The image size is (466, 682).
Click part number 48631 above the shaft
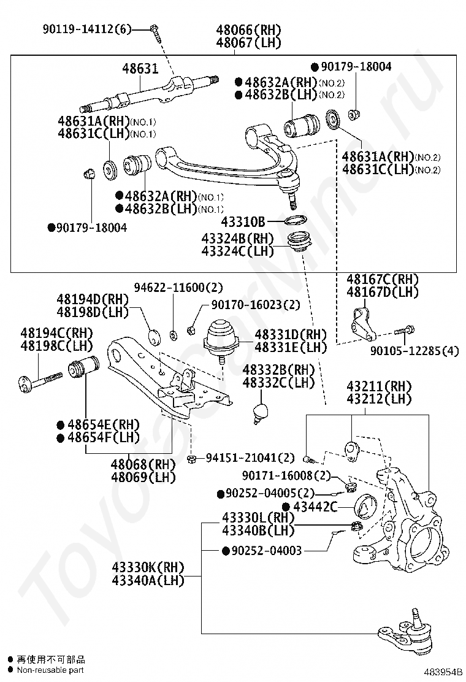click(x=139, y=68)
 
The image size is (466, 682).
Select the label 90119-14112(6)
click(x=87, y=28)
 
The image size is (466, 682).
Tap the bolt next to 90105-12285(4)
click(x=403, y=331)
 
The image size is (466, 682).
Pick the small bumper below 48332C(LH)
click(x=262, y=412)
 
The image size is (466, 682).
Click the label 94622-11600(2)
click(x=179, y=287)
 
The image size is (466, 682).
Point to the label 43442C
click(x=315, y=507)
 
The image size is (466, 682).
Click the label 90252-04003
click(x=267, y=551)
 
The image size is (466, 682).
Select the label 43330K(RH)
click(x=148, y=567)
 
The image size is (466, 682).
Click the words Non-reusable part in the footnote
click(x=50, y=670)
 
